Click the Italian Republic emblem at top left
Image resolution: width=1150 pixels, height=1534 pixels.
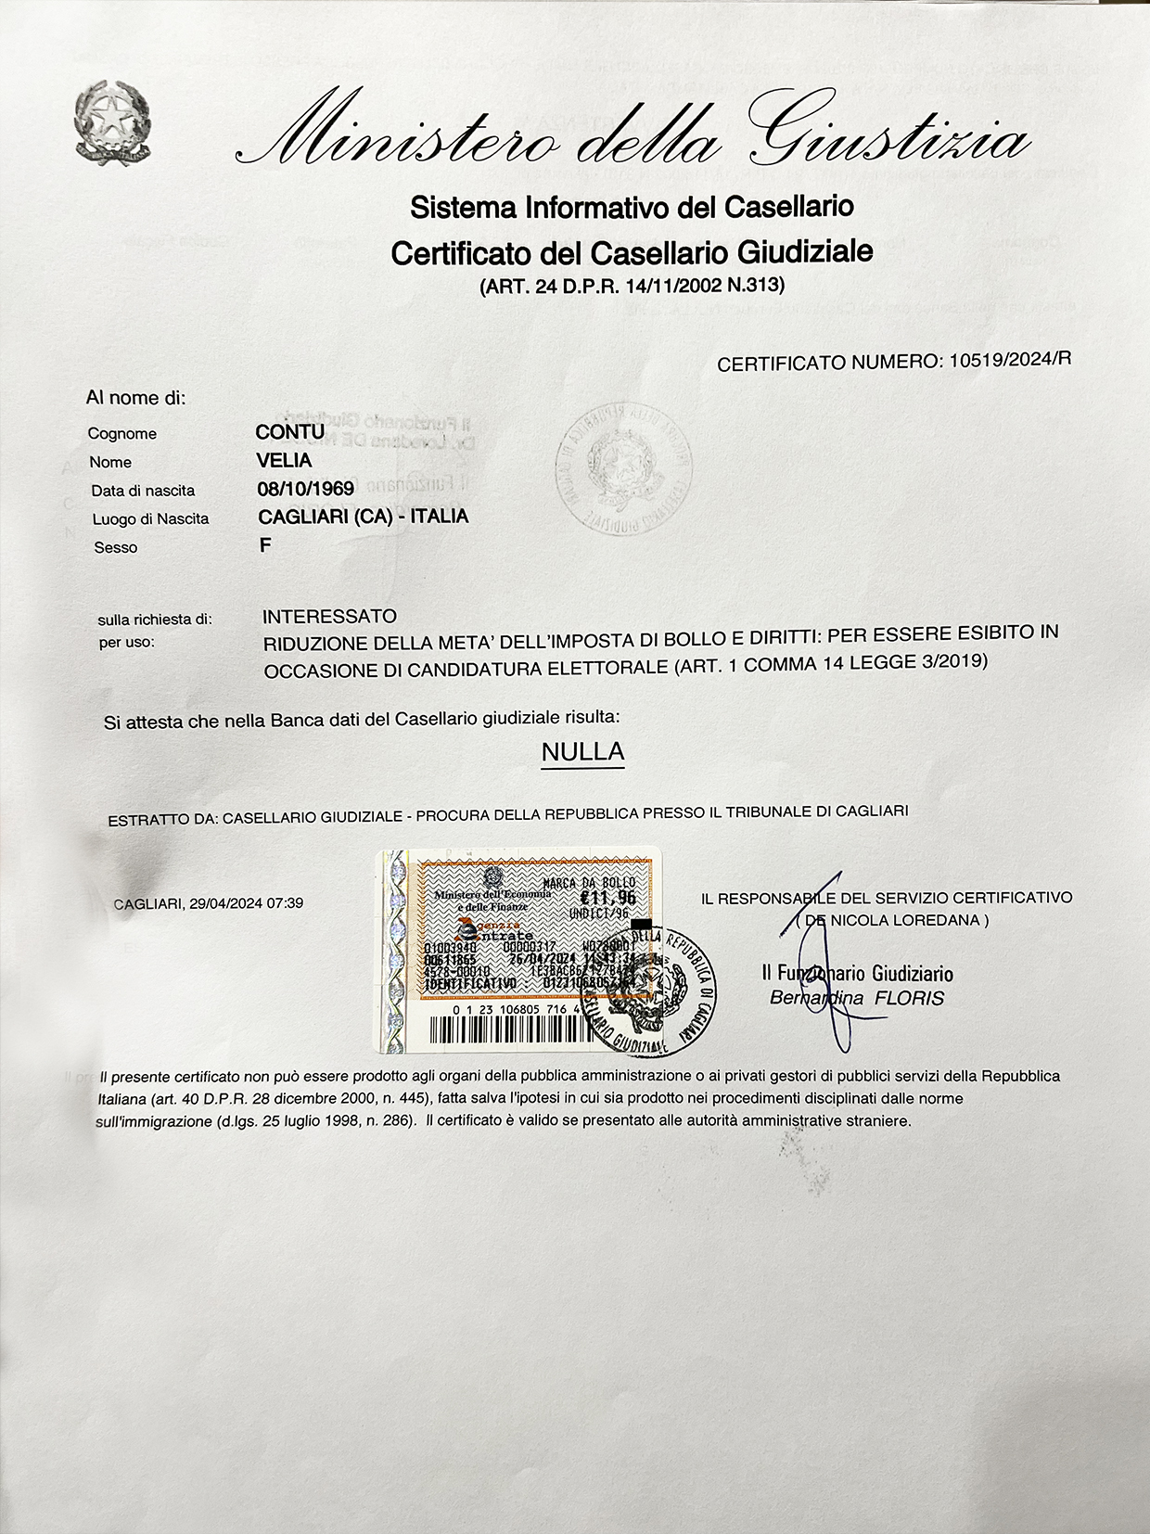click(x=113, y=124)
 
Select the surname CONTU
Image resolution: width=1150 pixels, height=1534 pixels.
click(x=289, y=432)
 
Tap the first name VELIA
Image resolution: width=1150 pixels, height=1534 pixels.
click(x=284, y=461)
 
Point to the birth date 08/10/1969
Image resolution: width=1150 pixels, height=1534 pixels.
click(x=305, y=489)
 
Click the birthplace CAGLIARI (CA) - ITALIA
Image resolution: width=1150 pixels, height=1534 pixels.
click(x=363, y=517)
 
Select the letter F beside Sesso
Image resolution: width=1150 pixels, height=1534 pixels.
click(x=265, y=546)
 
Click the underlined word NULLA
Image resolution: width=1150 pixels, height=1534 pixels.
click(x=582, y=751)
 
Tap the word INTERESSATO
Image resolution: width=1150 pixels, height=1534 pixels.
click(x=329, y=616)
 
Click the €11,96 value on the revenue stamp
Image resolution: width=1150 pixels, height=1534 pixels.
click(x=608, y=897)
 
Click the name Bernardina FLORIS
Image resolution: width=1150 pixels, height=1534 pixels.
click(x=856, y=998)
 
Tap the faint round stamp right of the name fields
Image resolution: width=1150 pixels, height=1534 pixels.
click(x=623, y=469)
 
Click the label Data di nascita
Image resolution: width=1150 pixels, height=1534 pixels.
click(x=143, y=491)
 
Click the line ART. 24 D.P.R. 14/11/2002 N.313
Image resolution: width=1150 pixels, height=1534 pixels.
click(x=632, y=286)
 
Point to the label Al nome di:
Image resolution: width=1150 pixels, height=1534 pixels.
click(x=136, y=398)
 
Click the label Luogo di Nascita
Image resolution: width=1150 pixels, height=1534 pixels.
click(x=150, y=519)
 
